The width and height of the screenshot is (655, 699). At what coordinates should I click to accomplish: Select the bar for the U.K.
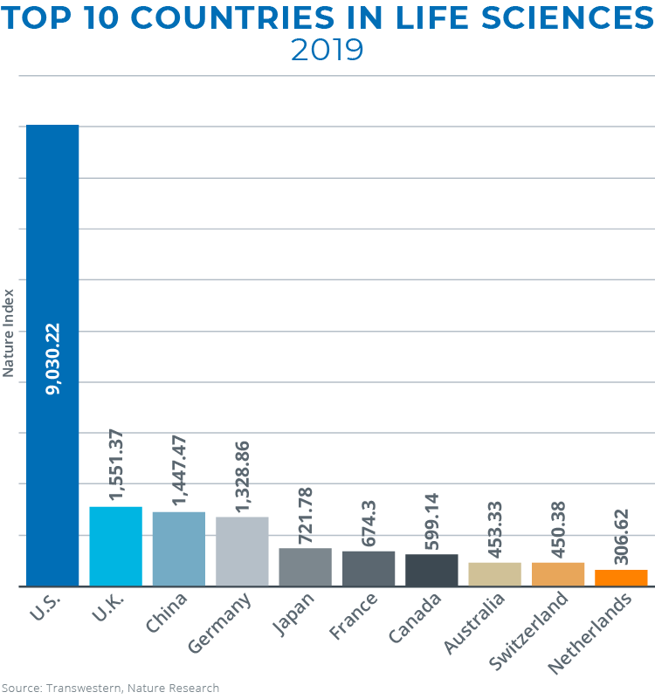(x=115, y=546)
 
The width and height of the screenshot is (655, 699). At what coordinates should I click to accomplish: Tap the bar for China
(x=178, y=549)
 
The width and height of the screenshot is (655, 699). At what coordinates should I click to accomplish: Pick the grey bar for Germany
(x=242, y=552)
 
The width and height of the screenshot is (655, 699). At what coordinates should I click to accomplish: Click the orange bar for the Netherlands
(x=621, y=578)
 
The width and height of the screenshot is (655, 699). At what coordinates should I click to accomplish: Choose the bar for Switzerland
(x=558, y=574)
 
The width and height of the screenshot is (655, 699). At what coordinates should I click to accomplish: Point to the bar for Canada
(x=431, y=570)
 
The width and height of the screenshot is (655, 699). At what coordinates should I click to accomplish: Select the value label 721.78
(x=305, y=515)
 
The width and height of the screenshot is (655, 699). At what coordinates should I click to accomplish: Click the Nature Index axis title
(x=9, y=332)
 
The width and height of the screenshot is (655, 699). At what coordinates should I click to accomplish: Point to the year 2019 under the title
(x=327, y=50)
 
